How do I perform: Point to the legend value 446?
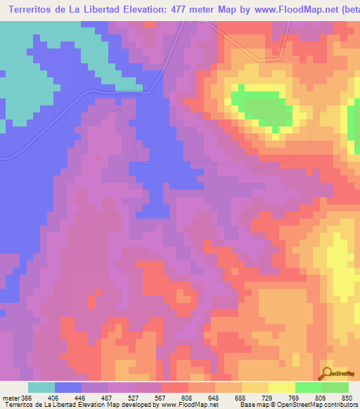coord(82,397)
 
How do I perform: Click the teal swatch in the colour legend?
coord(41,387)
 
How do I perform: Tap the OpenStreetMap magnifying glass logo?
coord(326,372)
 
